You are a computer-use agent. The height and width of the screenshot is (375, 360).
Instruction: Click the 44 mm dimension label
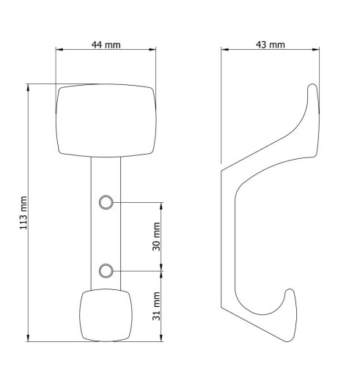click(x=106, y=45)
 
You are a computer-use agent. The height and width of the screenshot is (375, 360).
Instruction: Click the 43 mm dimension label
click(x=271, y=45)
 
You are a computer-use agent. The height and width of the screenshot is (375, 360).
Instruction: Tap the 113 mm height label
click(x=23, y=212)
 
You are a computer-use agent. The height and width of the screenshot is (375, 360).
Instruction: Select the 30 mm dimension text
click(x=156, y=237)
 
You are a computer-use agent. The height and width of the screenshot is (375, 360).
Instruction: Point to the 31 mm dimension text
click(x=156, y=306)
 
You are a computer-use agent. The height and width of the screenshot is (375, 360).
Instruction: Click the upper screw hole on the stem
click(x=106, y=202)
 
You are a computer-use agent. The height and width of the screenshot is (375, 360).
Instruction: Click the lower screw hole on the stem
click(x=106, y=271)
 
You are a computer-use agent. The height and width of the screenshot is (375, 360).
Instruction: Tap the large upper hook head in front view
click(x=106, y=121)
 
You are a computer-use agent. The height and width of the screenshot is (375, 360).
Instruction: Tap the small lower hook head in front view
click(x=106, y=315)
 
